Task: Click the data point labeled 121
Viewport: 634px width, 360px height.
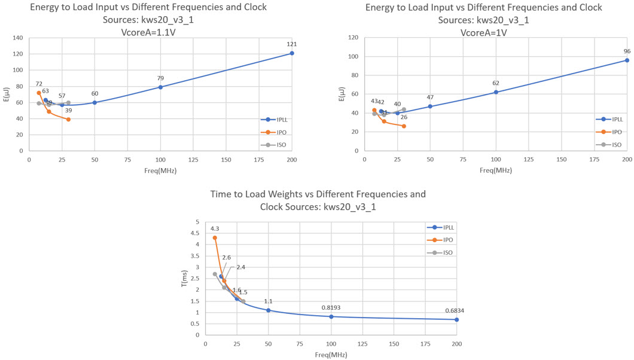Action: click(292, 53)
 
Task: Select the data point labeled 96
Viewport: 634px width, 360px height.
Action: click(627, 60)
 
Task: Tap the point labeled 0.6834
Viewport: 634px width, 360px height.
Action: click(457, 319)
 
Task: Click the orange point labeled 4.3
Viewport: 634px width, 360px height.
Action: click(215, 237)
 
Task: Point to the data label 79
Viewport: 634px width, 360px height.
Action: click(160, 78)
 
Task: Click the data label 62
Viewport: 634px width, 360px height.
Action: click(496, 83)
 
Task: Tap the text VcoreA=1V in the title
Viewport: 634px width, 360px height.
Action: click(483, 33)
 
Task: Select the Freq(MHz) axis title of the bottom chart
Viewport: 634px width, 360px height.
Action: click(332, 355)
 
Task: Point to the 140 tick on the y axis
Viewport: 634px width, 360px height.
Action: click(17, 38)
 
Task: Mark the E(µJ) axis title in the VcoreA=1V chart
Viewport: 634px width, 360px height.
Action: click(342, 94)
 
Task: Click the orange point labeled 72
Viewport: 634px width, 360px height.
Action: click(39, 93)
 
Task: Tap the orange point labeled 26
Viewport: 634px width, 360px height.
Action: click(404, 126)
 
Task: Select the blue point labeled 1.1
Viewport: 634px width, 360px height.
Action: click(269, 310)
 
